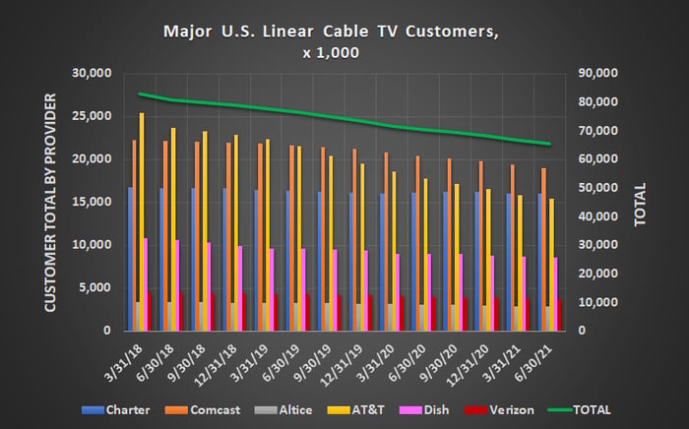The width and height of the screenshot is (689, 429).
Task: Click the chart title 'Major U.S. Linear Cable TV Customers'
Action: click(x=333, y=32)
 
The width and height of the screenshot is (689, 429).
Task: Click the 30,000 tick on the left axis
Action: click(x=93, y=74)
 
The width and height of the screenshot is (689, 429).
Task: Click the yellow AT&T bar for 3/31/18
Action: click(x=142, y=221)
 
